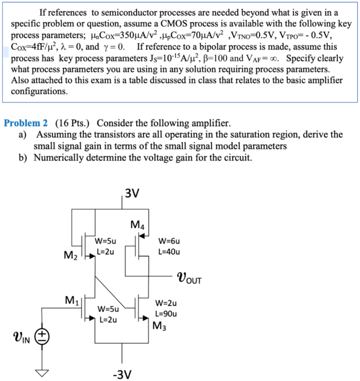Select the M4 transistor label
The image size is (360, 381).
click(x=138, y=225)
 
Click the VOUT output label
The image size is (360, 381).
click(x=190, y=278)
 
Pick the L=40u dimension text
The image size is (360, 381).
click(x=169, y=252)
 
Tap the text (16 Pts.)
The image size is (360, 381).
click(x=74, y=123)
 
